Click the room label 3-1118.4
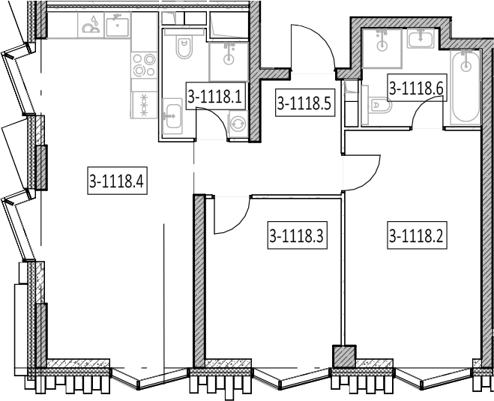pos(117,181)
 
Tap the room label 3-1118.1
pos(215,96)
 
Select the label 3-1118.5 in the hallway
pos(304,103)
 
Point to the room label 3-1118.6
pos(417,88)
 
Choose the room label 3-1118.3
pos(297,235)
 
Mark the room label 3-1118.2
pos(417,235)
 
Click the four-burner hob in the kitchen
pos(144,65)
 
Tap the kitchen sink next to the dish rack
pos(118,25)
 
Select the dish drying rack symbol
pos(91,25)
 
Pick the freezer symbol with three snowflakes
pos(144,105)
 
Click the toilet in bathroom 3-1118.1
pos(184,48)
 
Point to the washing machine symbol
pos(238,124)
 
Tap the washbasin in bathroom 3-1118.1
pos(172,116)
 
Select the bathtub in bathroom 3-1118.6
pos(466,86)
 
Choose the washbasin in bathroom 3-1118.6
pos(421,39)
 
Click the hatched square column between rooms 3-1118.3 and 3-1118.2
pos(344,356)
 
